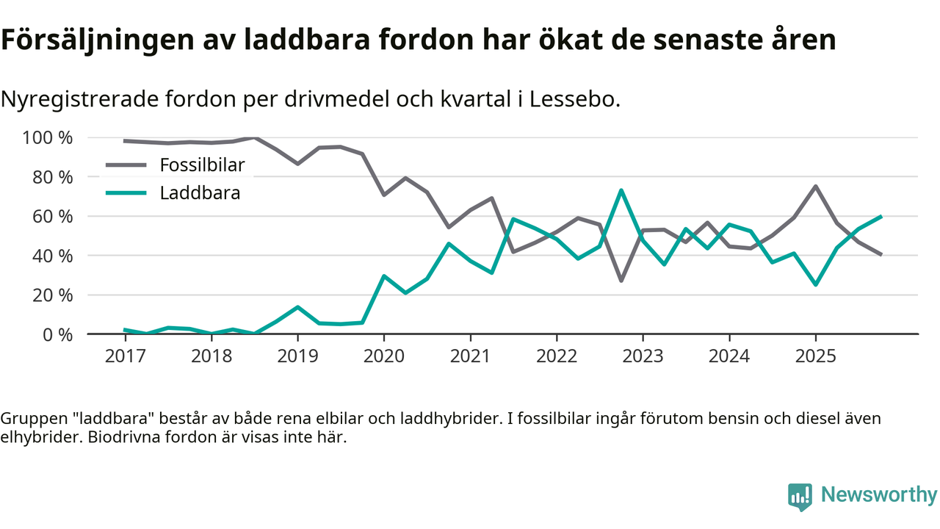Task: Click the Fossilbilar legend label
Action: [202, 165]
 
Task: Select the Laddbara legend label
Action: [200, 193]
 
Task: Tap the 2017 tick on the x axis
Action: [125, 356]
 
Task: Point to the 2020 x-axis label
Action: [383, 356]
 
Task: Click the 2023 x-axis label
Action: [643, 356]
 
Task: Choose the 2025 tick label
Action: [815, 356]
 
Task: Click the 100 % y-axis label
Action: [48, 138]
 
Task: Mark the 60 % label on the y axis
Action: [53, 217]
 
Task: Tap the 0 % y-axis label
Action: [58, 334]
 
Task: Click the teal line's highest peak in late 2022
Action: [621, 190]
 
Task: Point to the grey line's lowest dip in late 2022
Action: [621, 281]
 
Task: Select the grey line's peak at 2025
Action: [815, 187]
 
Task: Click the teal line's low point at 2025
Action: [815, 284]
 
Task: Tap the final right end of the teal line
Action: [880, 217]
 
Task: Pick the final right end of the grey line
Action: [880, 254]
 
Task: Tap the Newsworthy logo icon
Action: [800, 496]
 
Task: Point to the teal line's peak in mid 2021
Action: [513, 219]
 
